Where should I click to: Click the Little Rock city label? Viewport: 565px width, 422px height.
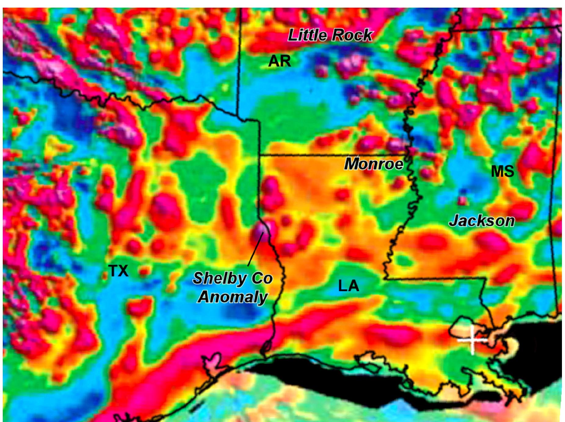pyautogui.click(x=330, y=35)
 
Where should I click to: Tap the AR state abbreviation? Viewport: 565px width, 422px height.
pyautogui.click(x=279, y=61)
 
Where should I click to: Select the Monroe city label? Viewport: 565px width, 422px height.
pyautogui.click(x=374, y=164)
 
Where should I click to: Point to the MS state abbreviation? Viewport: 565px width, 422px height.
pyautogui.click(x=502, y=171)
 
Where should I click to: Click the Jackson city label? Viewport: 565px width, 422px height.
pyautogui.click(x=482, y=221)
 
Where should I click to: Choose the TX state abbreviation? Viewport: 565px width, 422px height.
pyautogui.click(x=118, y=271)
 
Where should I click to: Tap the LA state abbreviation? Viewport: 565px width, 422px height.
pyautogui.click(x=348, y=286)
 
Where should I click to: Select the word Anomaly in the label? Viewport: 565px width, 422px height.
pyautogui.click(x=233, y=297)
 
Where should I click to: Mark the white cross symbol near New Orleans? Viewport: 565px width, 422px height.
pyautogui.click(x=472, y=340)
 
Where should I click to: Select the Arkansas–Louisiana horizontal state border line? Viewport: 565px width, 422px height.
pyautogui.click(x=333, y=155)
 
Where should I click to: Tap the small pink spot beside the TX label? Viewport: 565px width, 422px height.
pyautogui.click(x=143, y=271)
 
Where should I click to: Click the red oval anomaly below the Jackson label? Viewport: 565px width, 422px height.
pyautogui.click(x=491, y=241)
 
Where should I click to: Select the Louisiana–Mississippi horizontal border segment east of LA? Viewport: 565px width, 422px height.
pyautogui.click(x=433, y=278)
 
